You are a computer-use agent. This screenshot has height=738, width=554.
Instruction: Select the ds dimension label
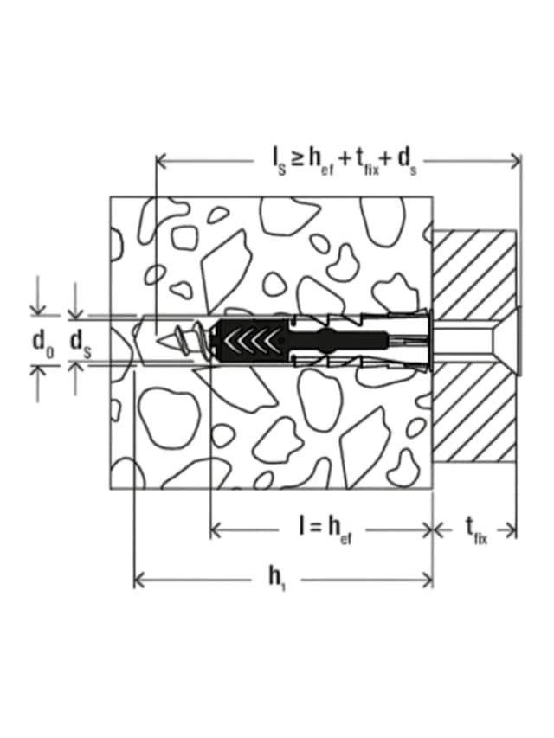(x=81, y=341)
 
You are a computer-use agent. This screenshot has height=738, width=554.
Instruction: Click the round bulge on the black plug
(x=330, y=339)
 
